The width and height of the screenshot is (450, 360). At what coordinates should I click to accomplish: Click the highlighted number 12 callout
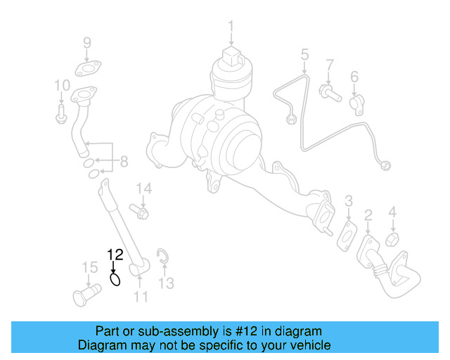(115, 255)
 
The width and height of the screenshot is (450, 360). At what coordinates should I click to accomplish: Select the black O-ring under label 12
(115, 280)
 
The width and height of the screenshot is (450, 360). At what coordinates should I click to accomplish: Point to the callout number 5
(304, 54)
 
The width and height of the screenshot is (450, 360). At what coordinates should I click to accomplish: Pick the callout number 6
(354, 76)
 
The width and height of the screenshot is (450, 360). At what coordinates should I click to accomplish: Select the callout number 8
(124, 162)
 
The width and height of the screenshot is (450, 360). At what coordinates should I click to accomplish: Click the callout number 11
(141, 297)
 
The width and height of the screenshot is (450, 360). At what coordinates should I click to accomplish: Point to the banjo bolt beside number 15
(83, 294)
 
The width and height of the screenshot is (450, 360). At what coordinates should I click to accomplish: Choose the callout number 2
(368, 214)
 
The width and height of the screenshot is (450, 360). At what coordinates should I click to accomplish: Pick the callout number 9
(87, 43)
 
